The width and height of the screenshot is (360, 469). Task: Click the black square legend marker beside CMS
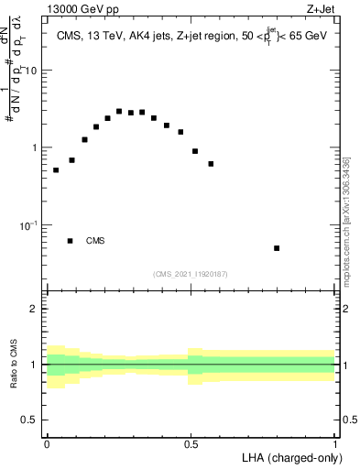tap(71, 241)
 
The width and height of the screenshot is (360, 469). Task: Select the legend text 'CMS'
tap(95, 241)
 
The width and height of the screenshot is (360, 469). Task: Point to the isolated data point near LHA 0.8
tap(277, 248)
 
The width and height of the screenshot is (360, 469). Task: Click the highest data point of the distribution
tap(119, 112)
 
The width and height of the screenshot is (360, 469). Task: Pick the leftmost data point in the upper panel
tap(56, 170)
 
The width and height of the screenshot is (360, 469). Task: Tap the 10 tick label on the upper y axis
tap(32, 71)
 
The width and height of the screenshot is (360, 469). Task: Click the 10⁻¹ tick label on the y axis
tap(29, 225)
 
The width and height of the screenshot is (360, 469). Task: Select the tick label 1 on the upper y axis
tap(35, 147)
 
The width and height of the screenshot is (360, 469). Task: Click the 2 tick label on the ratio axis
tap(35, 309)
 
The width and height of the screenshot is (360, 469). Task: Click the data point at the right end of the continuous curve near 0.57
tap(211, 164)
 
